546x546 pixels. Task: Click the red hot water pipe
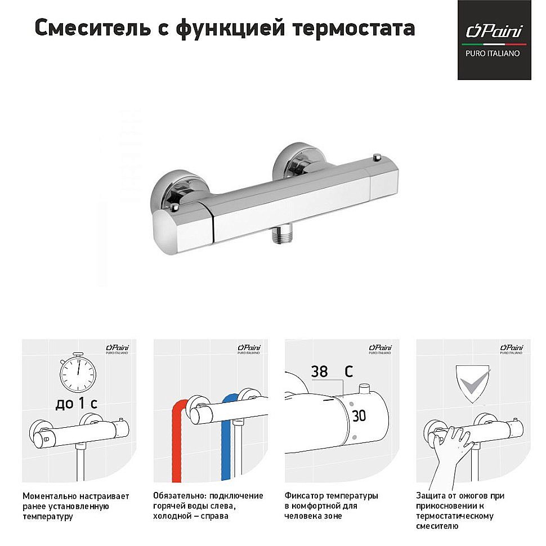[x=177, y=445]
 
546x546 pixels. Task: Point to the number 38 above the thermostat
[x=319, y=372]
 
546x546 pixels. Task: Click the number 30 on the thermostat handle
[x=359, y=417]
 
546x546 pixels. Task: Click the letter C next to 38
[x=349, y=372]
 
